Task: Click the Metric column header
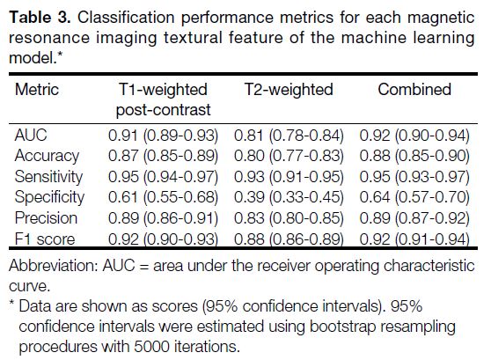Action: pos(37,90)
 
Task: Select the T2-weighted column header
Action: pos(289,90)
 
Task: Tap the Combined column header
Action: pos(414,90)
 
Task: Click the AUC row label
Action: pos(31,136)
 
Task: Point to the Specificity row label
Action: pos(49,197)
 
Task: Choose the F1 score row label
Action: pos(45,239)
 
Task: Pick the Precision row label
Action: pos(46,218)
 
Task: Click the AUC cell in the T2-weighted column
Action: pos(289,136)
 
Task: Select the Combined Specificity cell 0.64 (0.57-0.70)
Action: pos(414,197)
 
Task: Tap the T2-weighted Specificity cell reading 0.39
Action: pos(289,197)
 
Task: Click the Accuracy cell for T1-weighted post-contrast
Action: pos(163,156)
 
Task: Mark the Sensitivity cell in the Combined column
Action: pos(414,177)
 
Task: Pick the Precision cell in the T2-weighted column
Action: pos(289,218)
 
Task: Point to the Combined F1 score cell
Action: pos(414,239)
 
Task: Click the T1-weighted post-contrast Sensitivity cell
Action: pos(163,177)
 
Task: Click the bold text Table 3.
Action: pos(40,18)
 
